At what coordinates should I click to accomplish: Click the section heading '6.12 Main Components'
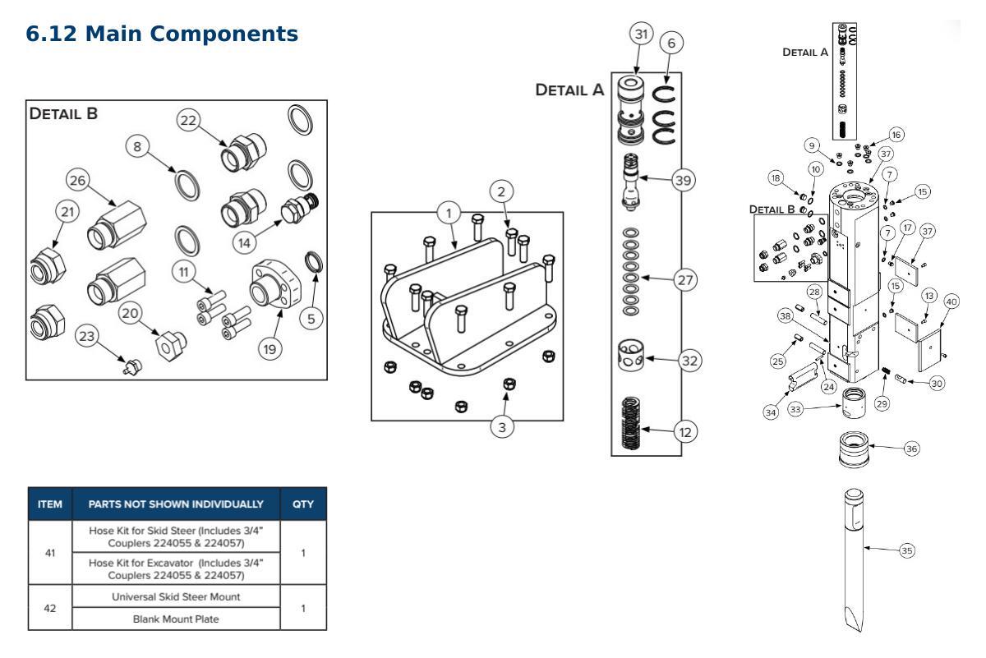click(162, 34)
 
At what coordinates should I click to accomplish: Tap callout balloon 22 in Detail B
click(188, 120)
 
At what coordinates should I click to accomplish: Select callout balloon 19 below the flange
click(270, 349)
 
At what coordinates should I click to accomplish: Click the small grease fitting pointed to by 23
click(132, 366)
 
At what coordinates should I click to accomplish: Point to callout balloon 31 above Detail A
click(642, 34)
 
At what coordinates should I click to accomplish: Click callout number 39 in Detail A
click(683, 180)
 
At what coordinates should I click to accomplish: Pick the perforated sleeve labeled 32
click(631, 355)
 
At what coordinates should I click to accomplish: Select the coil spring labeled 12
click(631, 422)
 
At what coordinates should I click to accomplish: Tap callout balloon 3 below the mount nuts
click(502, 427)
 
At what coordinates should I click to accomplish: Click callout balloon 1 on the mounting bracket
click(449, 214)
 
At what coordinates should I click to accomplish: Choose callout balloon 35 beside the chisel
click(907, 550)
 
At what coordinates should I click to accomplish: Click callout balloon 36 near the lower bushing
click(911, 449)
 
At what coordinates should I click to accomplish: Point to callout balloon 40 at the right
click(951, 302)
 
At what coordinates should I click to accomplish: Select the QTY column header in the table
click(303, 504)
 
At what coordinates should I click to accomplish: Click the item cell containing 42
click(50, 608)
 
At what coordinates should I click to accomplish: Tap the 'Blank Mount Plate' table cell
click(176, 619)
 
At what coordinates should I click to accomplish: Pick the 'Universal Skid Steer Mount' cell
click(176, 596)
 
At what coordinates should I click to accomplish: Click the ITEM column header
click(50, 504)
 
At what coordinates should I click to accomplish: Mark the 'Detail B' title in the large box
click(63, 113)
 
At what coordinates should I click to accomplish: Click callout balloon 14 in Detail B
click(244, 243)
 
